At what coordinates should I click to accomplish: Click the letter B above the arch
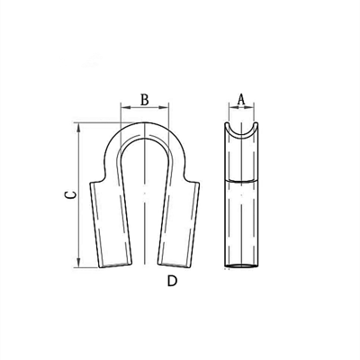[x=145, y=101]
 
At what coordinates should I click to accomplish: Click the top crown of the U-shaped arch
[x=145, y=129]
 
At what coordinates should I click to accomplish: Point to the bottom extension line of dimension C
[x=90, y=267]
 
